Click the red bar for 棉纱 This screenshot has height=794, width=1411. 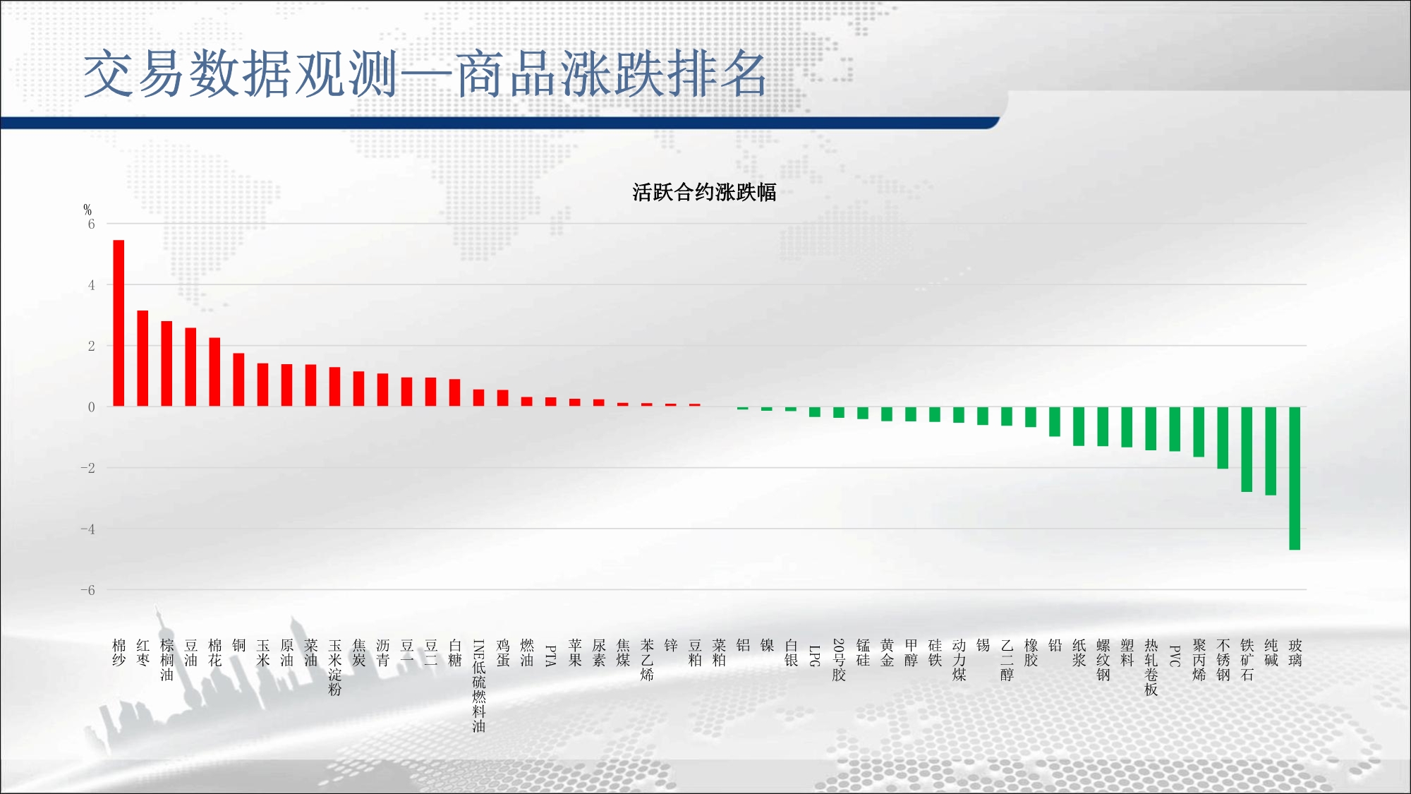pos(119,323)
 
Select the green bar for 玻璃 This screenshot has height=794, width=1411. pos(1295,479)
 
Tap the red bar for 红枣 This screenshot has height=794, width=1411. pos(143,359)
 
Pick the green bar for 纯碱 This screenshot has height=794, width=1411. pos(1271,451)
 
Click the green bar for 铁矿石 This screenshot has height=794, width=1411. pos(1247,450)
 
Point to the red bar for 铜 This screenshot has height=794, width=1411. pos(238,380)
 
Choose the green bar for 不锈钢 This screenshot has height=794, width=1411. pos(1223,438)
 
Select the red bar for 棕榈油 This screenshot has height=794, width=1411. pos(166,364)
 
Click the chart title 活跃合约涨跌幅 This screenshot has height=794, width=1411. pos(704,192)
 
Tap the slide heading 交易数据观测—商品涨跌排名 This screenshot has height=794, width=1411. pos(425,73)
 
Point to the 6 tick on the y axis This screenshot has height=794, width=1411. pos(91,224)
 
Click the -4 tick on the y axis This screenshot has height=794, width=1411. pos(87,529)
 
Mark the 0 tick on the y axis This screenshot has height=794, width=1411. pos(91,407)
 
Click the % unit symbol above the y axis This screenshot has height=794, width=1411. pos(87,210)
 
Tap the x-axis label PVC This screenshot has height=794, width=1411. pos(1175,656)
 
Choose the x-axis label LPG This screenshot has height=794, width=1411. pos(814,656)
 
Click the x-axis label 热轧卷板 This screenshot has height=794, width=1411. pos(1151,668)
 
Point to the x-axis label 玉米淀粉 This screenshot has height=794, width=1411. pos(334,668)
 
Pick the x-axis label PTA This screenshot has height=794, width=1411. pos(550,656)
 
